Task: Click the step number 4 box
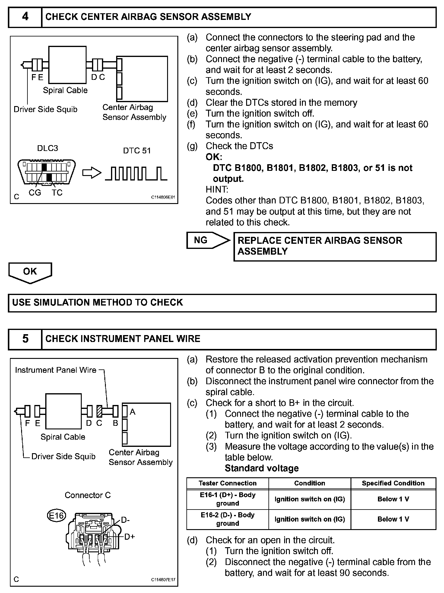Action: [25, 17]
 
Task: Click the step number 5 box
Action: [25, 339]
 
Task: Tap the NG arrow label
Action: [201, 240]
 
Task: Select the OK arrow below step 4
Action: [30, 272]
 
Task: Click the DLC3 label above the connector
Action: [48, 148]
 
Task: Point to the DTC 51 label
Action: [137, 151]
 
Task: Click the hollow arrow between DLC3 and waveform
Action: [92, 173]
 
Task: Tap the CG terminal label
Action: [35, 193]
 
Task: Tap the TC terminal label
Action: [57, 193]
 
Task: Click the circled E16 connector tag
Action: [56, 516]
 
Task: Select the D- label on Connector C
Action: [125, 520]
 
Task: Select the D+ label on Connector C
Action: [129, 537]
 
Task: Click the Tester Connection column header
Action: [227, 483]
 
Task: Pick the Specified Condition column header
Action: [393, 483]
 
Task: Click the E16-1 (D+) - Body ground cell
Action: [227, 499]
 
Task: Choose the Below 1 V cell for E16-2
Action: [393, 519]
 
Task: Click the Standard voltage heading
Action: [262, 468]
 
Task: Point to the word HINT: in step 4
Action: [217, 190]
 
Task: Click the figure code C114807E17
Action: [163, 579]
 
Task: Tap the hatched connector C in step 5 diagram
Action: [99, 411]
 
